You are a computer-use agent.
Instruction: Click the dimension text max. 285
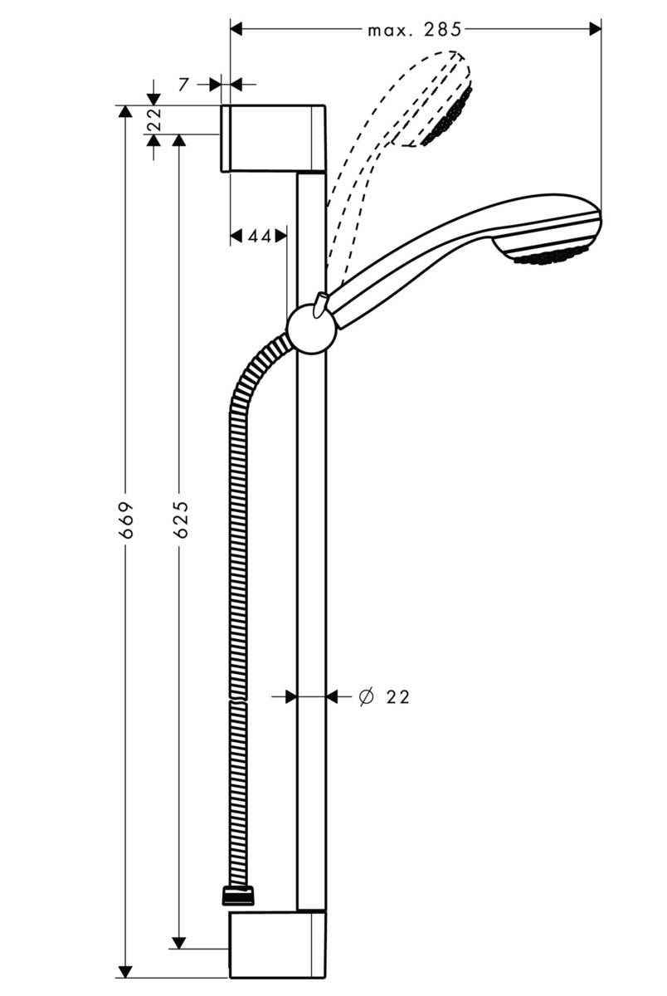414,30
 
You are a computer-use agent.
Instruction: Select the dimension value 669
126,520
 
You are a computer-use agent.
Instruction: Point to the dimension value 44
259,237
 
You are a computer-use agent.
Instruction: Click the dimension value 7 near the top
184,84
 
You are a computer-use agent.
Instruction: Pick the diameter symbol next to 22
365,697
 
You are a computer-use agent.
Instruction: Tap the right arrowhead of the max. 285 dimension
595,29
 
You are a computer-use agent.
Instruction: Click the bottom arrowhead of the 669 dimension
125,971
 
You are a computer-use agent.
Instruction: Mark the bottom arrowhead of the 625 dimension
178,942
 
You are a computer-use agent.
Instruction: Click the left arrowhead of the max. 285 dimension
236,29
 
